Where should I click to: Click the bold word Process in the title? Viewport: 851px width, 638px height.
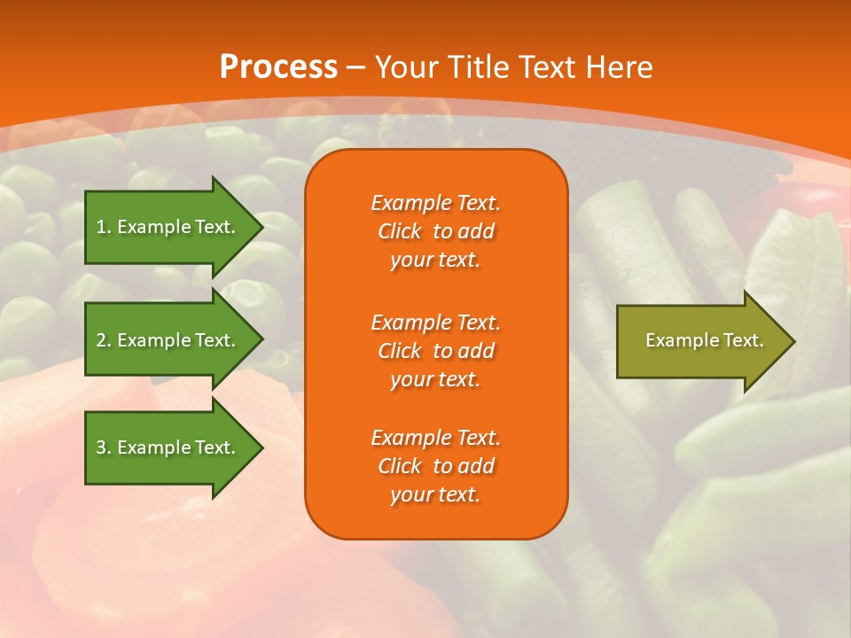tap(278, 67)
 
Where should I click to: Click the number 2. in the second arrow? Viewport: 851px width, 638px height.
tap(104, 340)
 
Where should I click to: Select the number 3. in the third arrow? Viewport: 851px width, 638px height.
tap(104, 447)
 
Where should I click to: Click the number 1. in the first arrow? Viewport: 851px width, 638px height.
tap(103, 227)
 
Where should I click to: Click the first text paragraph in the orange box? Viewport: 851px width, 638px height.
tap(435, 231)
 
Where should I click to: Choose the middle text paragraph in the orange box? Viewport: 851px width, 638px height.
tap(435, 351)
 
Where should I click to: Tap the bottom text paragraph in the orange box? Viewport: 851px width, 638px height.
tap(435, 466)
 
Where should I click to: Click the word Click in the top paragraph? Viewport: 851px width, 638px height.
tap(400, 232)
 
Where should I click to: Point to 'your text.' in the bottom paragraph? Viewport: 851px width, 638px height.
tap(435, 495)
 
